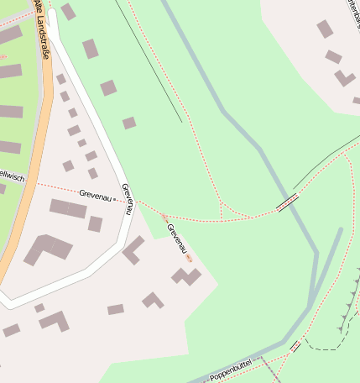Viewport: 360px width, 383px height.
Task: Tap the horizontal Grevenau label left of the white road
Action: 96,194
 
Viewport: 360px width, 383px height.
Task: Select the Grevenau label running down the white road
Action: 127,199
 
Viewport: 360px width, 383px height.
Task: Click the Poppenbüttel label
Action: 230,370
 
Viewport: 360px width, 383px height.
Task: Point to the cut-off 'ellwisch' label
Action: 13,176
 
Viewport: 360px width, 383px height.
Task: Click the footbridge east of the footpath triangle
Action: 287,202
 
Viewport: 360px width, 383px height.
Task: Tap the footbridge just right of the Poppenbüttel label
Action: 295,345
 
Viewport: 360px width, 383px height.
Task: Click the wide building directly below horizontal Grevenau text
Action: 67,207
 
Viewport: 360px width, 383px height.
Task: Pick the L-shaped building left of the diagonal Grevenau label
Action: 133,249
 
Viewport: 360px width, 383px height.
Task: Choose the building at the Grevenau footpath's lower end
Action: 186,275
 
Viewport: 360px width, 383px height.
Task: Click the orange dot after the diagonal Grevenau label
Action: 190,257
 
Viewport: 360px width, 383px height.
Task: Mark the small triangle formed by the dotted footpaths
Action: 232,212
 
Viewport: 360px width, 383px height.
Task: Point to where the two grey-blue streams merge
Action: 315,294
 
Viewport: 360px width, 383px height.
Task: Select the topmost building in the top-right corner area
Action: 325,29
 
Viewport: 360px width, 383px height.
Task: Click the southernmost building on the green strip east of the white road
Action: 128,123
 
